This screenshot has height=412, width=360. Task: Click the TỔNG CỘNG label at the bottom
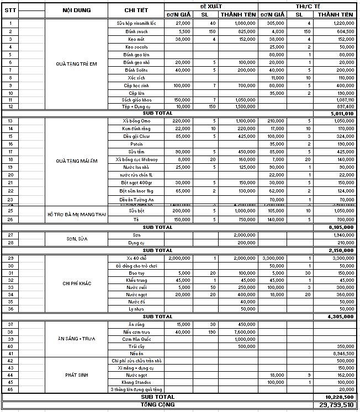click(158, 404)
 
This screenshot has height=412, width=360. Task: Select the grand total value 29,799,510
click(336, 404)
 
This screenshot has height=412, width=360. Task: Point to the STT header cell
click(10, 10)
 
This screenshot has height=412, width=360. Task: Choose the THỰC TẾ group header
click(307, 6)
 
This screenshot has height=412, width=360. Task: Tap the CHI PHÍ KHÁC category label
click(77, 283)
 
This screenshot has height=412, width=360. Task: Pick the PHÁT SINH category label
click(77, 374)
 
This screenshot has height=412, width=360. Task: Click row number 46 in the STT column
click(10, 389)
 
